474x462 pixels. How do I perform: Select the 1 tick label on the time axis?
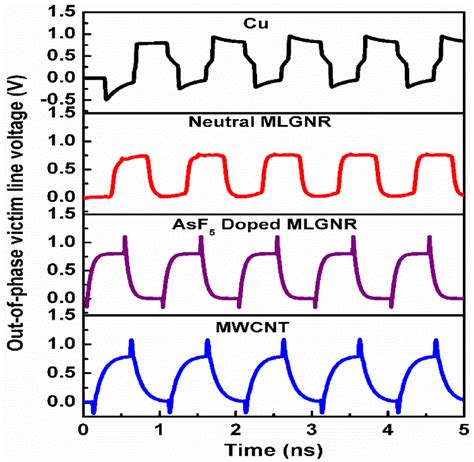click(160, 427)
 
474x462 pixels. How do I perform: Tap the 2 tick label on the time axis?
click(236, 427)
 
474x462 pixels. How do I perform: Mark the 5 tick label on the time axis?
click(464, 427)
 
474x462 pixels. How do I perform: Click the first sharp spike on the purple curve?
click(125, 240)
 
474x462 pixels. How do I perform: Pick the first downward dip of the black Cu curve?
click(106, 98)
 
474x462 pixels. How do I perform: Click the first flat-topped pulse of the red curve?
click(134, 157)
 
